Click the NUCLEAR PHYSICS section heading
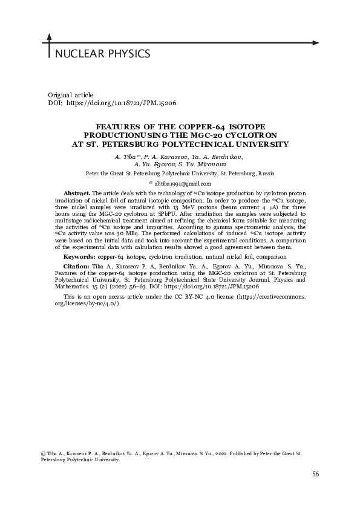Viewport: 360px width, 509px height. coord(102,54)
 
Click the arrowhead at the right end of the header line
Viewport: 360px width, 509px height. coord(315,43)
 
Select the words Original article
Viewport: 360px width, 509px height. coord(70,95)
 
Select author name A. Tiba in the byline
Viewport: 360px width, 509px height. coord(126,157)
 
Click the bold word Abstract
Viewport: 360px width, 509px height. coord(77,193)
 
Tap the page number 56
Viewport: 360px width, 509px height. coord(315,473)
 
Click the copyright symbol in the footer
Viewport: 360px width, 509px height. coord(42,453)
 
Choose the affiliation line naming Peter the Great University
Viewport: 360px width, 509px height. coord(180,172)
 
